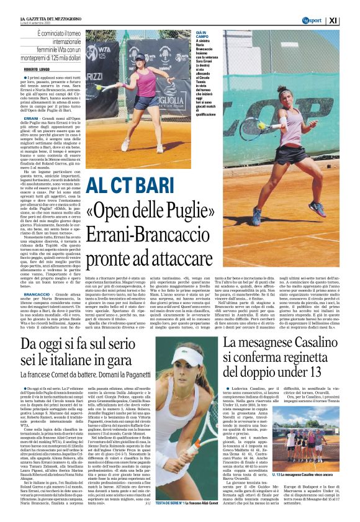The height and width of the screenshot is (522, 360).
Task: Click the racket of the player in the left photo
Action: (101, 88)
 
